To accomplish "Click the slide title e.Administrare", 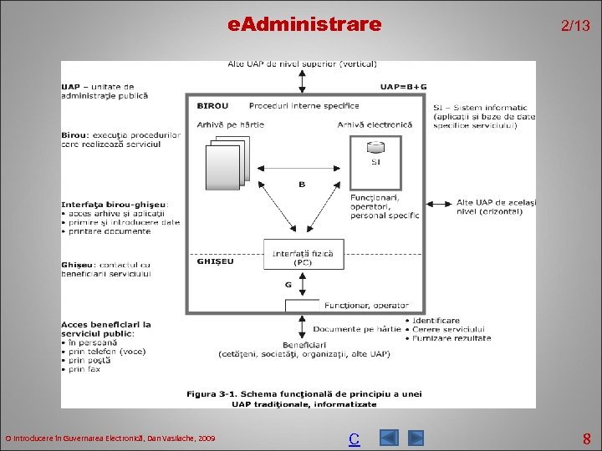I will [x=304, y=25].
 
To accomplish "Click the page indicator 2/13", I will [x=574, y=26].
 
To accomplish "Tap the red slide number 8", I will [x=587, y=438].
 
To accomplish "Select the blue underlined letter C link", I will [x=354, y=438].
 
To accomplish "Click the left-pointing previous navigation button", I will [x=389, y=438].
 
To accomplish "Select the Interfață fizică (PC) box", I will [x=292, y=257].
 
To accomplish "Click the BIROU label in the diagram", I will [x=212, y=106].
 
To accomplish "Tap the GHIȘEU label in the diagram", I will [x=215, y=261].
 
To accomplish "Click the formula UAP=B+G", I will [x=403, y=86].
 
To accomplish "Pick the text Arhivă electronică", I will [x=375, y=125].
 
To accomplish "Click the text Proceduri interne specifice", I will [x=304, y=106].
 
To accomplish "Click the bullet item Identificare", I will [x=435, y=320].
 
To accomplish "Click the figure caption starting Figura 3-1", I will [x=304, y=398].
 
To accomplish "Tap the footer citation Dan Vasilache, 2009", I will [x=110, y=438].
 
